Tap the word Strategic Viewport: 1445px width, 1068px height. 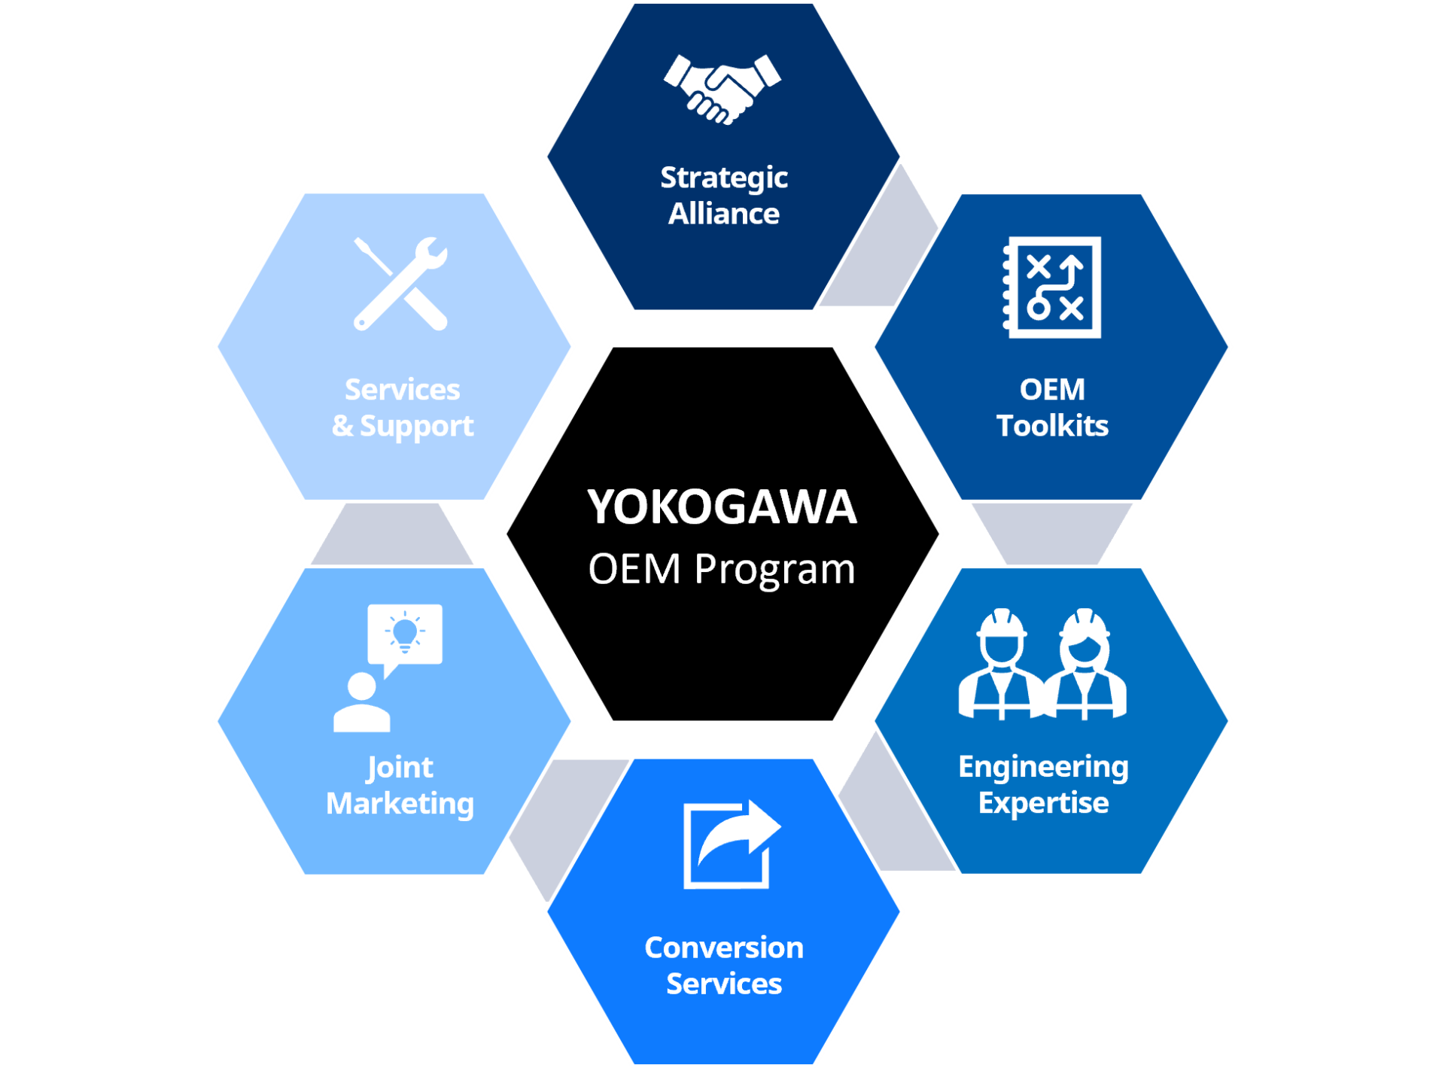coord(724,178)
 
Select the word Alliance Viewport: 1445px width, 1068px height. coord(724,214)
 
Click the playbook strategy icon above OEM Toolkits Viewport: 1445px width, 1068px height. coord(1053,288)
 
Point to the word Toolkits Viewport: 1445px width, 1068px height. coord(1052,426)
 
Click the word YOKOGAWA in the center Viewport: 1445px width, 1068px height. coord(722,507)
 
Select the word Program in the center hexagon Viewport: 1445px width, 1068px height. coord(774,570)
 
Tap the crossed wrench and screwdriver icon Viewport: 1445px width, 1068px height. coord(401,284)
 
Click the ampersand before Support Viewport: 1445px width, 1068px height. coord(342,426)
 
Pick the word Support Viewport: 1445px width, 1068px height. coord(416,427)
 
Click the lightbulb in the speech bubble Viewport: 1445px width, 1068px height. coord(405,632)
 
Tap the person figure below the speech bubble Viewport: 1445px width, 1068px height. coord(361,703)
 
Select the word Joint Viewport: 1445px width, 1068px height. coord(400,768)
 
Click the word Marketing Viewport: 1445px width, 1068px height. coord(400,804)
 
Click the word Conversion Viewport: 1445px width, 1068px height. coord(724,948)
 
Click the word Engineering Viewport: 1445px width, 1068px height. coord(1043,767)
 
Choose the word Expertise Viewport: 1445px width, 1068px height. coord(1043,803)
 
